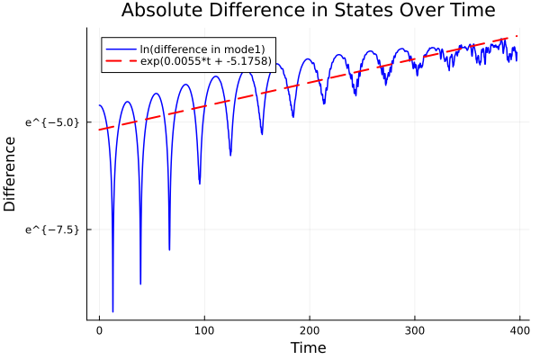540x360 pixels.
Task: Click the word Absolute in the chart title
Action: pyautogui.click(x=158, y=11)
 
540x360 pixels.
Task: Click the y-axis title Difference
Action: pyautogui.click(x=10, y=174)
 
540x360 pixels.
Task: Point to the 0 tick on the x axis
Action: pyautogui.click(x=99, y=330)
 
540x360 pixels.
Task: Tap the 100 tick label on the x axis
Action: pyautogui.click(x=204, y=330)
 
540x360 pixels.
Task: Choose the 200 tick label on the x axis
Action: pyautogui.click(x=310, y=330)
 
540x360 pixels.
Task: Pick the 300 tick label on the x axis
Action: pyautogui.click(x=415, y=330)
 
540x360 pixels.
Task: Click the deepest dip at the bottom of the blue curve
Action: pyautogui.click(x=112, y=311)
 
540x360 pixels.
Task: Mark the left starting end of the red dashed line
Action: pyautogui.click(x=100, y=130)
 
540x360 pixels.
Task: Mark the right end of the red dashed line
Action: pyautogui.click(x=517, y=37)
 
